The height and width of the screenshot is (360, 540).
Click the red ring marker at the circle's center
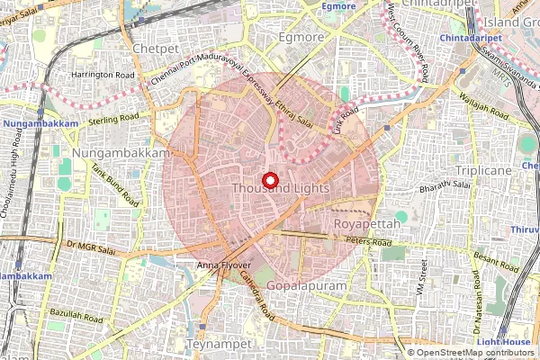pyautogui.click(x=269, y=181)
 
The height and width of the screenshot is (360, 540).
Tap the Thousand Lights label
pyautogui.click(x=280, y=189)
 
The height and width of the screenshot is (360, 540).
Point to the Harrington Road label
pyautogui.click(x=104, y=75)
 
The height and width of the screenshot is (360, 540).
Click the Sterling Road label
pyautogui.click(x=114, y=117)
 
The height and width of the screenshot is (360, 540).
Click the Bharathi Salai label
pyautogui.click(x=445, y=185)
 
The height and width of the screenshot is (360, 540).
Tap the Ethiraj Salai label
pyautogui.click(x=293, y=114)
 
